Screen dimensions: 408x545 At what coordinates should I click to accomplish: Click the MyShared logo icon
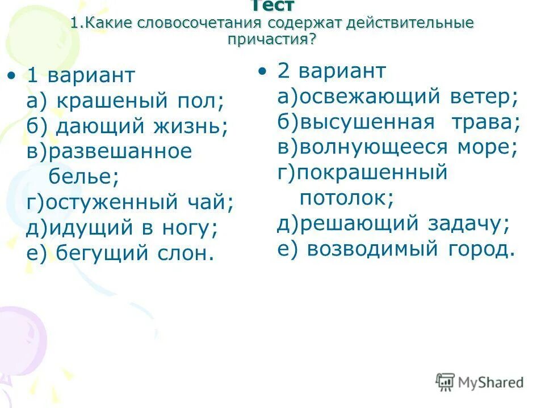click(x=445, y=382)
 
